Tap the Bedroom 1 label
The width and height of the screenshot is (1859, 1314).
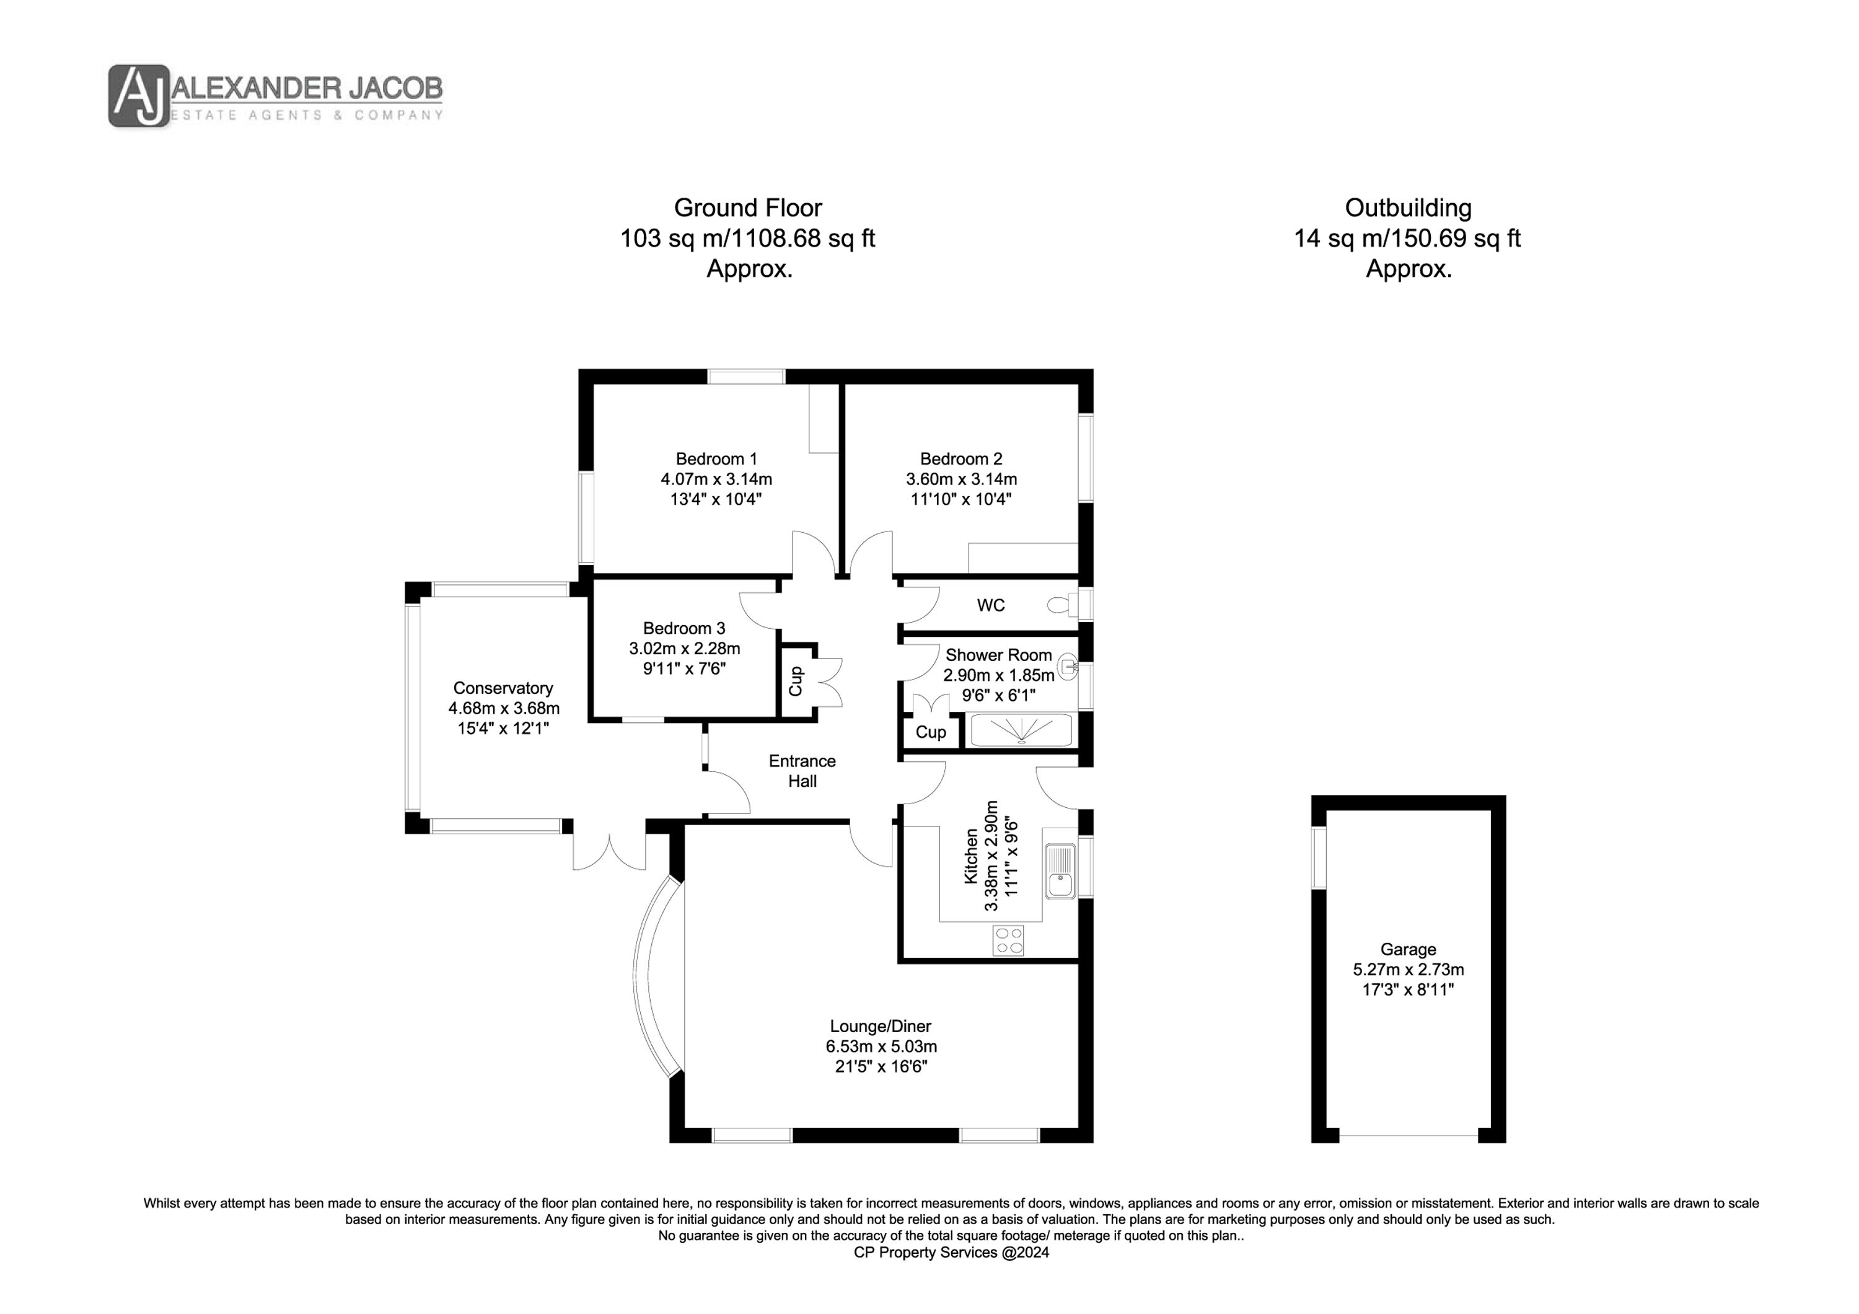[x=716, y=459]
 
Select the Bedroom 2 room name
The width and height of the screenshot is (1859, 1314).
[x=961, y=459]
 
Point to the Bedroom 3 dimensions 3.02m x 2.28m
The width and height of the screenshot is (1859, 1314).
[x=684, y=649]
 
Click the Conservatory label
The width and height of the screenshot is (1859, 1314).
[x=503, y=688]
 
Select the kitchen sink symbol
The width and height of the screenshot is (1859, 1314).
[x=1060, y=871]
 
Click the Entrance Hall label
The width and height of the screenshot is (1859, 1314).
[x=802, y=771]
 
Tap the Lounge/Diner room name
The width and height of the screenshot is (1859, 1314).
[x=881, y=1027]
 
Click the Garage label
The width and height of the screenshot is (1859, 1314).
[x=1409, y=950]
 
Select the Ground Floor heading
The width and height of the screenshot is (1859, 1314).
[x=748, y=208]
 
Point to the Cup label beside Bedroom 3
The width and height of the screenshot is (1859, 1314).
[x=796, y=681]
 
